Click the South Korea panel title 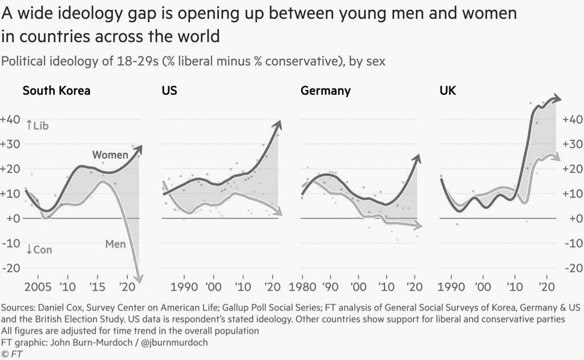tap(56, 91)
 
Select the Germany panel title tap(325, 91)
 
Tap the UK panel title tap(448, 91)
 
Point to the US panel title tap(169, 91)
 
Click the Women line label tap(110, 155)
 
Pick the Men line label tap(115, 244)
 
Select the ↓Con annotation tap(39, 250)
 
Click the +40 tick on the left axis tap(11, 120)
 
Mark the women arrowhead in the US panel tap(278, 125)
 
